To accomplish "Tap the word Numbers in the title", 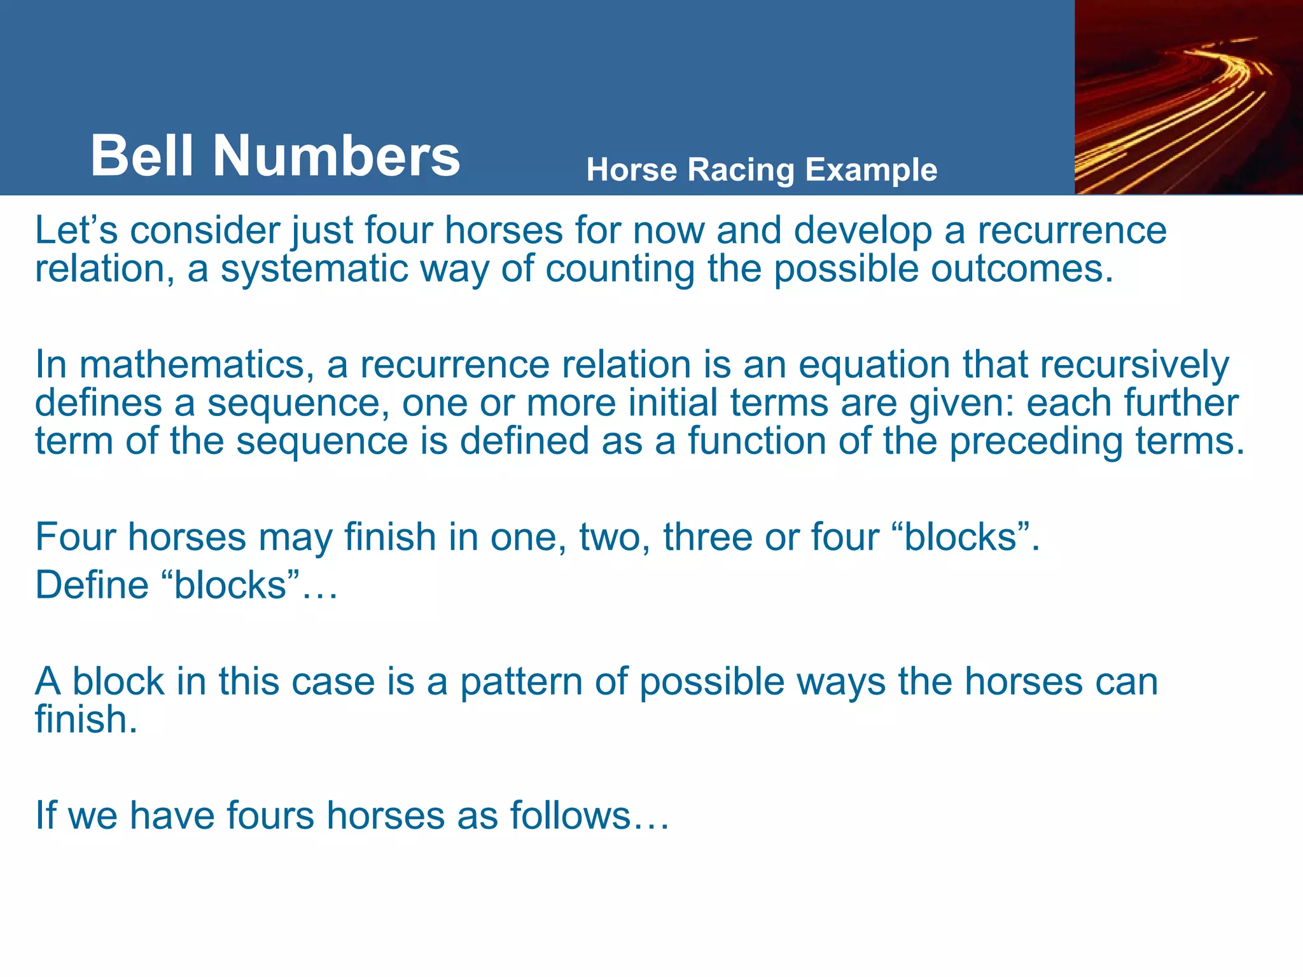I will click(x=336, y=156).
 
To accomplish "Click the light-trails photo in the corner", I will click(x=1188, y=97).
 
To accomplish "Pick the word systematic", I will click(x=314, y=268).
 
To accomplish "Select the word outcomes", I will click(x=1022, y=268).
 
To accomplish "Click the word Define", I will click(x=92, y=585).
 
